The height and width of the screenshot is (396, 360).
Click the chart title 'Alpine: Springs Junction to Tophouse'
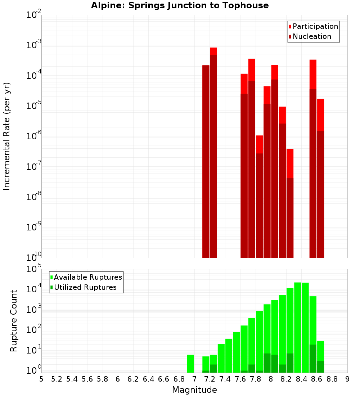(180, 5)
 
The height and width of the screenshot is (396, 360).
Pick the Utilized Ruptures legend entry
(85, 287)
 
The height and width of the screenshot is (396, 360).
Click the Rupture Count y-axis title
(14, 321)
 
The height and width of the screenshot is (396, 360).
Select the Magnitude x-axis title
(194, 390)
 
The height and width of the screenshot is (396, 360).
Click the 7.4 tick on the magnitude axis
(225, 379)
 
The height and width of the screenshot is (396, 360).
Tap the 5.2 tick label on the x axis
(57, 379)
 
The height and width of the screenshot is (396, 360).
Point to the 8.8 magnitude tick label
(332, 379)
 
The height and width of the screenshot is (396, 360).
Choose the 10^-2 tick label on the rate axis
(34, 15)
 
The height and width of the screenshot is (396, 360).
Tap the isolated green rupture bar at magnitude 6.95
(190, 364)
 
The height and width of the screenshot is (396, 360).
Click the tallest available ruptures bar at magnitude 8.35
(298, 328)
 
